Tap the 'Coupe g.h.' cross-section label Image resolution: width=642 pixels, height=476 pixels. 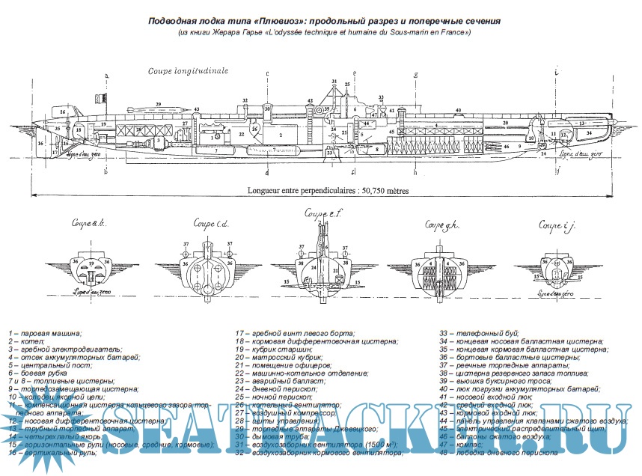441,224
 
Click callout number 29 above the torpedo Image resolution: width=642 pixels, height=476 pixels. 158,104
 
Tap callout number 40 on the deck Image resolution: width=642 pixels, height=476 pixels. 456,111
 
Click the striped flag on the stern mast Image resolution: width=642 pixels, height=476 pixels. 98,97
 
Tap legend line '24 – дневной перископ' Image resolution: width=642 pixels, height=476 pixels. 279,389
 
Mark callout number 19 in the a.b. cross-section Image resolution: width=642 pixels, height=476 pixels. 90,263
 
